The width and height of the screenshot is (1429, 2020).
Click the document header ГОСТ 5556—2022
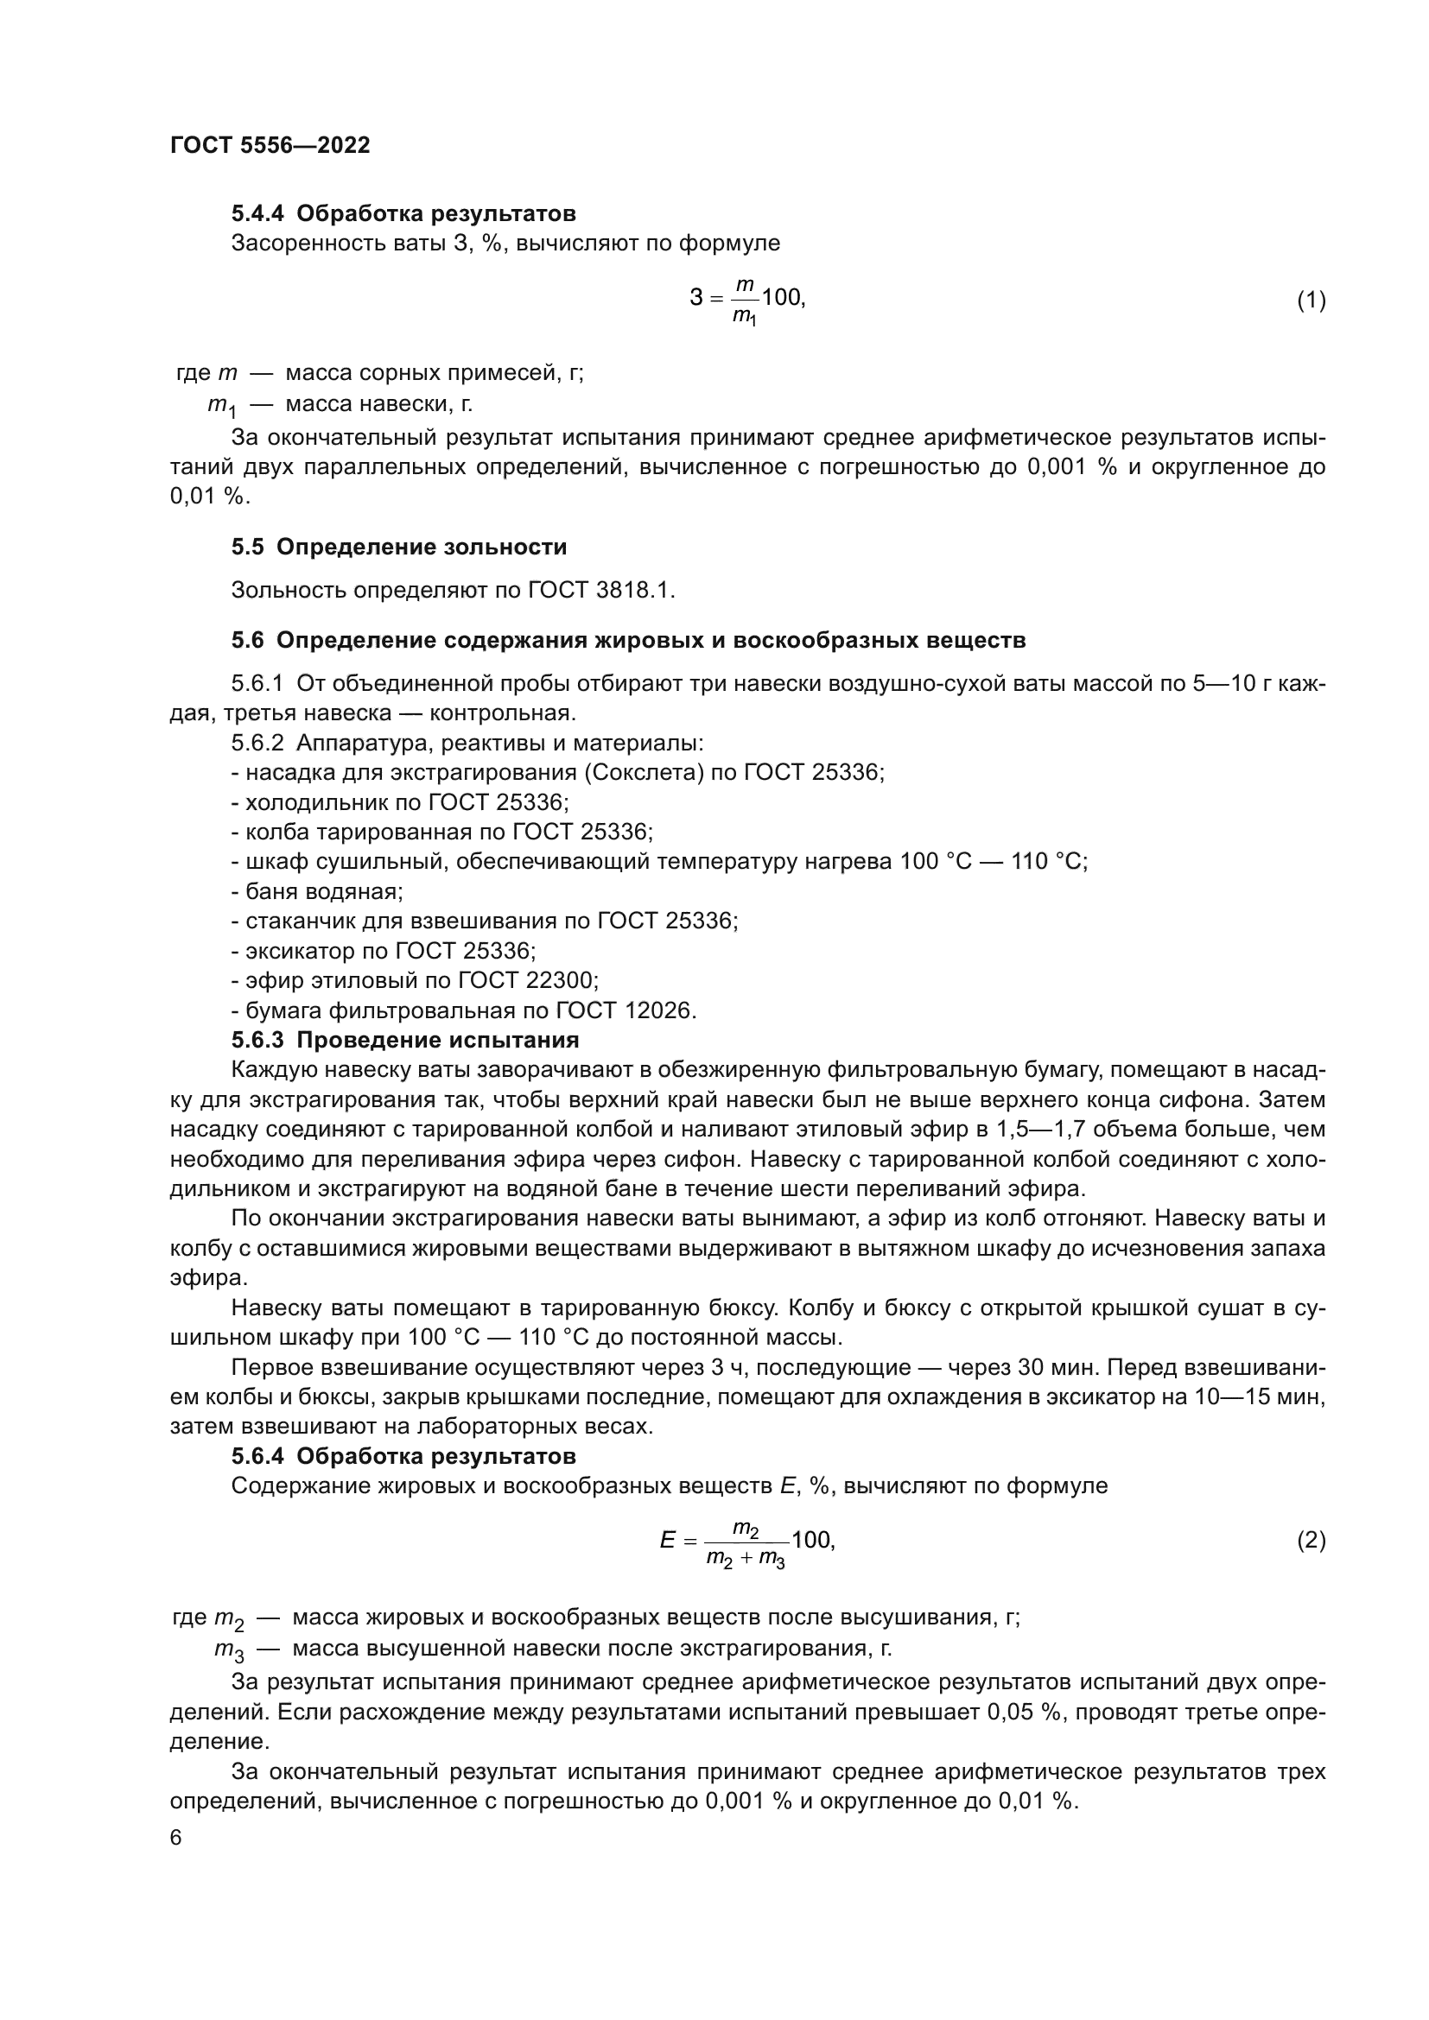pos(270,145)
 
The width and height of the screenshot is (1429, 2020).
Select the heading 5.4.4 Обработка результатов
pos(403,213)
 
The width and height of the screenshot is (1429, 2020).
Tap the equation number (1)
pos(1311,300)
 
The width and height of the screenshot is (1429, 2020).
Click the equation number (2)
pos(1311,1561)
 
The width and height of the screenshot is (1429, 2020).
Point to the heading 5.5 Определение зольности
pos(398,547)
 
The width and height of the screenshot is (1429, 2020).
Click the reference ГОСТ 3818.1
pos(600,590)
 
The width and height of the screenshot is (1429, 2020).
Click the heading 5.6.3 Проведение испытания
pos(404,1040)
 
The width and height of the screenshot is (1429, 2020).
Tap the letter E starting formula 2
pos(668,1561)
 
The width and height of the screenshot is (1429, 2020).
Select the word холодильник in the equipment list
pos(313,801)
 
